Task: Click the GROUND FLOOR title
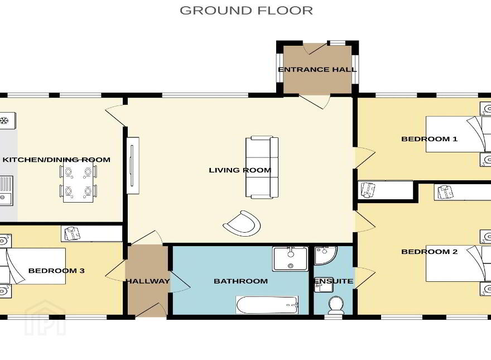click(x=246, y=11)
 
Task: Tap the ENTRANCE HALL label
click(x=317, y=70)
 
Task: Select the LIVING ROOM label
click(x=240, y=170)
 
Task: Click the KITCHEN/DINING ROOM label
click(x=56, y=160)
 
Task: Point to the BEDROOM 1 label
click(x=429, y=139)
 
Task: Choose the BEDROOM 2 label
click(x=429, y=252)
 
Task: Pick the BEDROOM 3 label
click(x=56, y=271)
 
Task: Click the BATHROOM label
click(x=241, y=281)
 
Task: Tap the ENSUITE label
click(x=334, y=281)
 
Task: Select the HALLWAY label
click(x=147, y=281)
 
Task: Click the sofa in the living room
click(x=262, y=167)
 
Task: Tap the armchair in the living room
click(x=242, y=223)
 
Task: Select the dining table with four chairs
click(x=78, y=181)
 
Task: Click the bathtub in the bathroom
click(x=267, y=305)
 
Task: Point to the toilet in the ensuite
click(x=336, y=305)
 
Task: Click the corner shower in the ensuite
click(x=325, y=255)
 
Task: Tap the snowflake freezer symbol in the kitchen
click(x=4, y=121)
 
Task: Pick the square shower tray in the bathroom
click(x=291, y=259)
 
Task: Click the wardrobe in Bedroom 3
click(x=92, y=234)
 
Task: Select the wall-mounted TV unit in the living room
click(x=133, y=165)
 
